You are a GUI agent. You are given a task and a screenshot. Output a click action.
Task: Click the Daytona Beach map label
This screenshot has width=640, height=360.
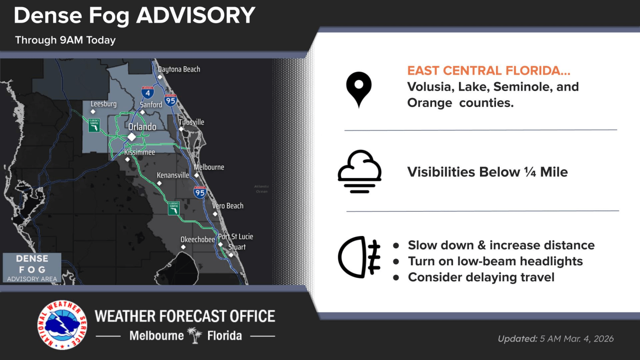(x=179, y=70)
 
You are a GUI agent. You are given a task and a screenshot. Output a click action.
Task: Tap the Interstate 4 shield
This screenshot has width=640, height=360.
(x=147, y=92)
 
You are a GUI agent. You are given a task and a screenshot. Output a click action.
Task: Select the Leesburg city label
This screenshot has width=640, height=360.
(x=103, y=104)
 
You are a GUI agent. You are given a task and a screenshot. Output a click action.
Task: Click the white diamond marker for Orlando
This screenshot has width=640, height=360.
(x=132, y=137)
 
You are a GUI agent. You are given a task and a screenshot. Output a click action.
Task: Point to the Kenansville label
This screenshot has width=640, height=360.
(x=173, y=175)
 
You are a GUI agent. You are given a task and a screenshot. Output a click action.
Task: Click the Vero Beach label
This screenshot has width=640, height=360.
(x=228, y=206)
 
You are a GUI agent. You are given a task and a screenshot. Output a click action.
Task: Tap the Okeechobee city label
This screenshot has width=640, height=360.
(x=197, y=240)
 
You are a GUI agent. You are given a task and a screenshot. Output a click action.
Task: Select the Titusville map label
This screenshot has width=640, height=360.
(x=192, y=122)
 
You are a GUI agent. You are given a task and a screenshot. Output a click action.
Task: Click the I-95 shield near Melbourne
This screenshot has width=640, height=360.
(x=200, y=192)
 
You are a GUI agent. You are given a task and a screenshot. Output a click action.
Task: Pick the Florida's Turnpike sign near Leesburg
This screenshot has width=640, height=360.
(x=94, y=125)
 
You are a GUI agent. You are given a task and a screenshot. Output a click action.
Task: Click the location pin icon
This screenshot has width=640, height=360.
(x=358, y=89)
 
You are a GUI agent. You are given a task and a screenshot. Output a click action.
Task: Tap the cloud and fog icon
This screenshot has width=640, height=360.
(x=359, y=171)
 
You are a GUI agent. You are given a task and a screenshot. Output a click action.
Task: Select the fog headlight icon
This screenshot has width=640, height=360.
(x=359, y=257)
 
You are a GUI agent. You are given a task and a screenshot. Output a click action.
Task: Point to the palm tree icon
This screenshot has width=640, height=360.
(x=196, y=336)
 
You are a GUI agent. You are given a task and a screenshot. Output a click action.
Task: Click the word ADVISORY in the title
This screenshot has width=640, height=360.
(x=196, y=16)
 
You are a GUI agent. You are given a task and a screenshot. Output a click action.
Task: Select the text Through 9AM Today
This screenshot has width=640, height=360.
(x=65, y=40)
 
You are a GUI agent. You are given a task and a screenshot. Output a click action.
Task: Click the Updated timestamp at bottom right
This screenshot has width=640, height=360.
(x=555, y=339)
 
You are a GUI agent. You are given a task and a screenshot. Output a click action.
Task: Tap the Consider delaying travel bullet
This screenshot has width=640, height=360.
(x=481, y=277)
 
